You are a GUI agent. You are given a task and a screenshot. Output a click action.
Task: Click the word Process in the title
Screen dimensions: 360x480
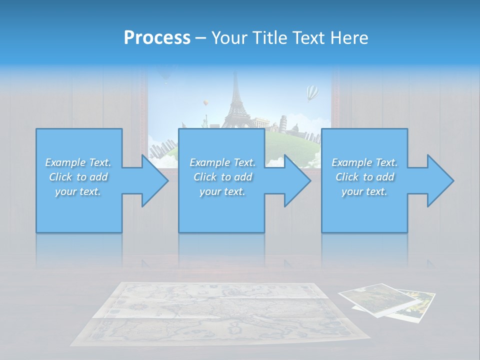click(x=157, y=37)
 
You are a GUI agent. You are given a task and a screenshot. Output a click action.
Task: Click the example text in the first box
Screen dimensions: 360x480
click(x=78, y=177)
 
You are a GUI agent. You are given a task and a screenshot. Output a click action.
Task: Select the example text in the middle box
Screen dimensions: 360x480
click(x=222, y=177)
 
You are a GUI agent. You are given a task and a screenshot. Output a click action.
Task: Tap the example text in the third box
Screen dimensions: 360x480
click(x=364, y=177)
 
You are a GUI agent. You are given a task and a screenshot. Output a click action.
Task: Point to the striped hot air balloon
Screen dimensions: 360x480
click(x=312, y=92)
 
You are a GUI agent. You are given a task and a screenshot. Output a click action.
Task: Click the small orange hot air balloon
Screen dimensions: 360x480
click(x=205, y=103)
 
